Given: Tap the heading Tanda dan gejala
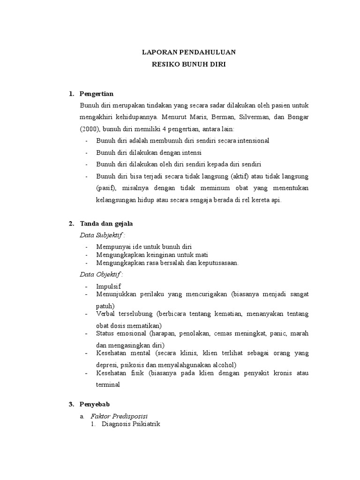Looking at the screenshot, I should pyautogui.click(x=106, y=224).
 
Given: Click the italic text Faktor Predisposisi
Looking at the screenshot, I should pyautogui.click(x=119, y=416).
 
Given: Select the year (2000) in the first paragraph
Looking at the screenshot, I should pyautogui.click(x=89, y=128).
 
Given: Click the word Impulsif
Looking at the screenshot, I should pyautogui.click(x=108, y=285).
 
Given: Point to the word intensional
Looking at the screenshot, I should pyautogui.click(x=250, y=141).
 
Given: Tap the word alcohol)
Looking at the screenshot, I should pyautogui.click(x=224, y=365).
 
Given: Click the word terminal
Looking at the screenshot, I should pyautogui.click(x=108, y=384).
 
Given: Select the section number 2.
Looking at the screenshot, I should pyautogui.click(x=71, y=224).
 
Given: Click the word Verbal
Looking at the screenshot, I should pyautogui.click(x=105, y=314).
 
